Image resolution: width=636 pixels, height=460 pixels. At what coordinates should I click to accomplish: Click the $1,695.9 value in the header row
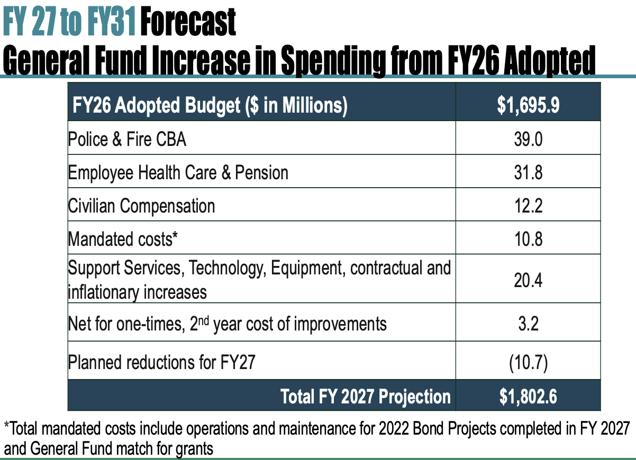tap(528, 105)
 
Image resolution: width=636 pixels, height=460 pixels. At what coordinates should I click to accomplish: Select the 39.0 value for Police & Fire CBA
tap(528, 139)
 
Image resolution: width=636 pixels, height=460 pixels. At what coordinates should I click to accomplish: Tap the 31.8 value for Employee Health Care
tap(528, 172)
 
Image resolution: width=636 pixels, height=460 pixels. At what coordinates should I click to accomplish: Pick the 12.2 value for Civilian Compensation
tap(528, 206)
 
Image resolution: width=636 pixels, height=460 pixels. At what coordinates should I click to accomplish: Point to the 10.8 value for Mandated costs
tap(528, 239)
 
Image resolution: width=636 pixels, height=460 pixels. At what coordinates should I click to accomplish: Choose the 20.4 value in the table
tap(528, 280)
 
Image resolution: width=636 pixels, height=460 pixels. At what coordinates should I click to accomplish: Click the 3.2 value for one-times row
tap(528, 323)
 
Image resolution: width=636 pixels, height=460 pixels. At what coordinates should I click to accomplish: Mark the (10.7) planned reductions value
tap(528, 363)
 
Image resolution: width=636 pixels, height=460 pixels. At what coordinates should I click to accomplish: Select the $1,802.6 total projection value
tap(528, 397)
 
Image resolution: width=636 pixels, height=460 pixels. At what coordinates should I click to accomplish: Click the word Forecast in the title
tap(188, 22)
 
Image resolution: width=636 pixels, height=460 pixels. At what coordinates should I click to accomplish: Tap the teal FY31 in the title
tap(111, 22)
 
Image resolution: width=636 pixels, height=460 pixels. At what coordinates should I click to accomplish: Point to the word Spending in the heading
tap(333, 60)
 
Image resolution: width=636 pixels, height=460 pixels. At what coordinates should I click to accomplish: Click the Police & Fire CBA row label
tap(127, 140)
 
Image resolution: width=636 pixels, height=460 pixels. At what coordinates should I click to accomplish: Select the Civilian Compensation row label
tap(141, 206)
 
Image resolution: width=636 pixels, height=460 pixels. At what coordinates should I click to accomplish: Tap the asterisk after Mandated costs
tap(175, 235)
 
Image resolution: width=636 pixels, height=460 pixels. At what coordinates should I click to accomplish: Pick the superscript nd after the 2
tap(204, 320)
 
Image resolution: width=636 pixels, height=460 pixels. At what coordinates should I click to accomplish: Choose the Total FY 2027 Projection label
tap(366, 397)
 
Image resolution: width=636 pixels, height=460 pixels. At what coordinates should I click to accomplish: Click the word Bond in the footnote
tap(429, 428)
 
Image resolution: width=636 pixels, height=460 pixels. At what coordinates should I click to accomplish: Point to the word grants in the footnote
tap(194, 449)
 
